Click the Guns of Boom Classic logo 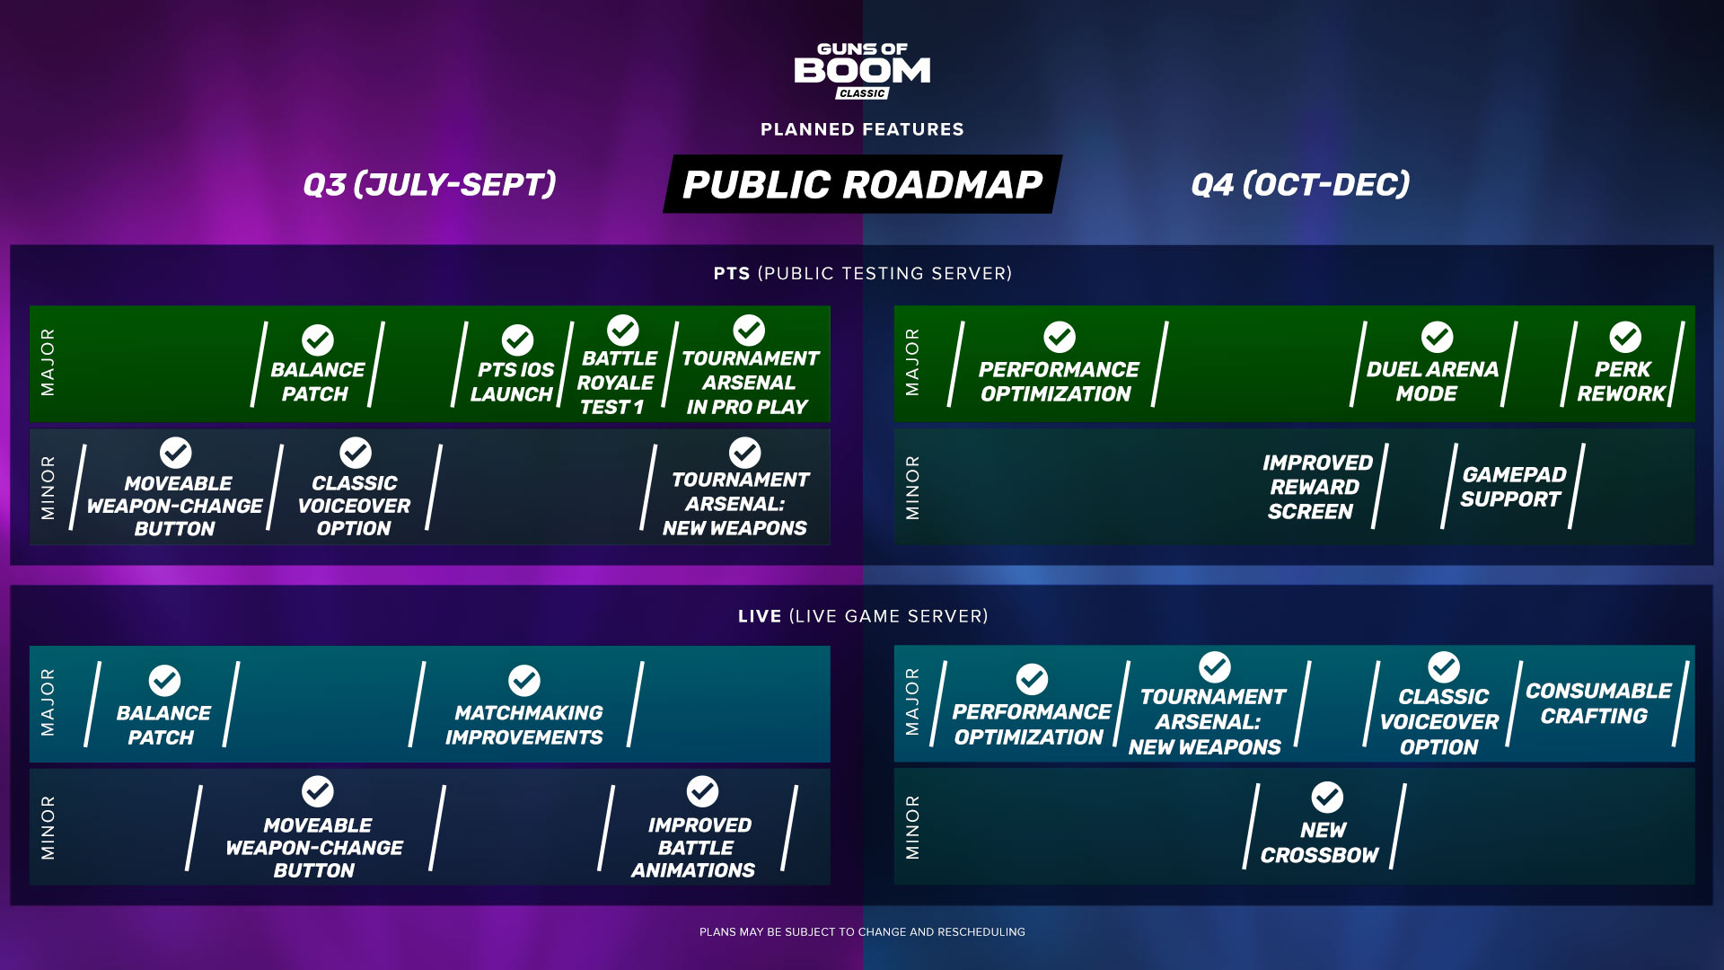(x=862, y=70)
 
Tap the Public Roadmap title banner (x=862, y=184)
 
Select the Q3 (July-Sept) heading (x=429, y=184)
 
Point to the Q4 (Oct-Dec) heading (x=1300, y=184)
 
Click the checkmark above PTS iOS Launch (x=517, y=340)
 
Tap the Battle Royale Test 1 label (x=616, y=383)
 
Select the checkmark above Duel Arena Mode (x=1437, y=337)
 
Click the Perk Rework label (x=1622, y=382)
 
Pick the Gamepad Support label (x=1513, y=487)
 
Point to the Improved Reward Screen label (x=1316, y=487)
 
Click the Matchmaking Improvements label (x=526, y=725)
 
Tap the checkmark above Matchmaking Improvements (x=524, y=681)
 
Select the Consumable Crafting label (x=1597, y=703)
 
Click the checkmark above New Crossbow (x=1327, y=797)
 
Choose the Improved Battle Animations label (x=695, y=848)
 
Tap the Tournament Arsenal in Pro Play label (x=750, y=383)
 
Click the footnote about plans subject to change (x=862, y=932)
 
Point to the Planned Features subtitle (x=862, y=129)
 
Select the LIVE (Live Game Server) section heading (x=863, y=616)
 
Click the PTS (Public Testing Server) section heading (x=863, y=273)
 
